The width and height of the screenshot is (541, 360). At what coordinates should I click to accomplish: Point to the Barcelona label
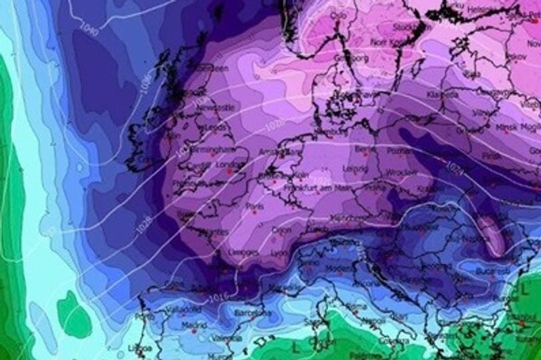[x=253, y=313]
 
